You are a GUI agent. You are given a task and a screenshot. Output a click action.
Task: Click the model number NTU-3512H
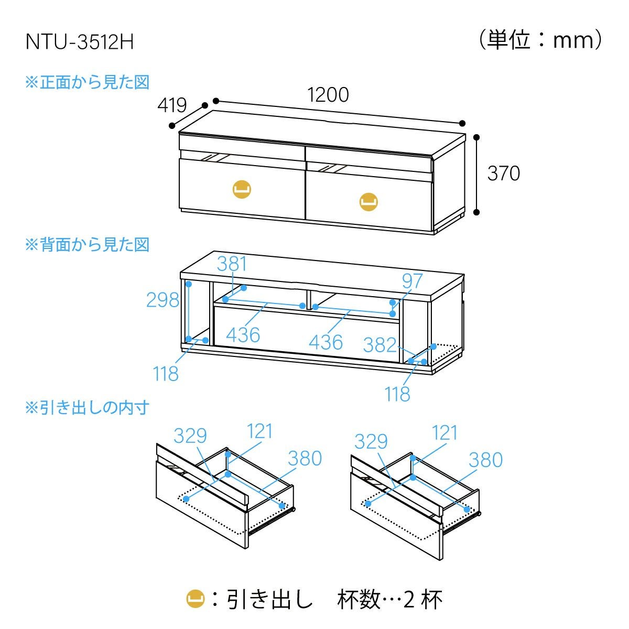click(80, 42)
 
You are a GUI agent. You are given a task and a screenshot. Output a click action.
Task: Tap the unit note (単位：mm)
click(540, 40)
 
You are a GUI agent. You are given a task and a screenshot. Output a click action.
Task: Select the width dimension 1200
click(328, 95)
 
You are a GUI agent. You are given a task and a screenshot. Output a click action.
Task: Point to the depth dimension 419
click(172, 106)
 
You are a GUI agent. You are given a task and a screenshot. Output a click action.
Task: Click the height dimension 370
click(503, 173)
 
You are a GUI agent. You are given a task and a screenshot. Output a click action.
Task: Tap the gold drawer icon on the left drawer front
click(242, 188)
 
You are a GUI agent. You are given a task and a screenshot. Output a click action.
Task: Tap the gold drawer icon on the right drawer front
click(368, 202)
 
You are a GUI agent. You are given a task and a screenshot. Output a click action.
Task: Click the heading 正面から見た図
click(88, 82)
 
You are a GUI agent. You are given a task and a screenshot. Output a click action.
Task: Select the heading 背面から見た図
click(88, 245)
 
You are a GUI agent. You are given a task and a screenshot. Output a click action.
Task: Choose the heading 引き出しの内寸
click(88, 407)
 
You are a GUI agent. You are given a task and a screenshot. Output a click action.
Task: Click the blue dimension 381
click(232, 264)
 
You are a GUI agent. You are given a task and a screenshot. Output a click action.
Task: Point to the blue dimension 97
click(412, 281)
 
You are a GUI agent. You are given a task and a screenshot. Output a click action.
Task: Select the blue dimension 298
click(162, 300)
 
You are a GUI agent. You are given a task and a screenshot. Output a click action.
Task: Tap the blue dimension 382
click(379, 344)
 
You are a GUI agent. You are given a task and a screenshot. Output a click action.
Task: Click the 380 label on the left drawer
click(305, 458)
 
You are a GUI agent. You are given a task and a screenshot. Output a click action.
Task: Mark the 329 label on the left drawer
click(190, 436)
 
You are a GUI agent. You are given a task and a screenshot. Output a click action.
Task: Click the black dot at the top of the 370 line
click(476, 137)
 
